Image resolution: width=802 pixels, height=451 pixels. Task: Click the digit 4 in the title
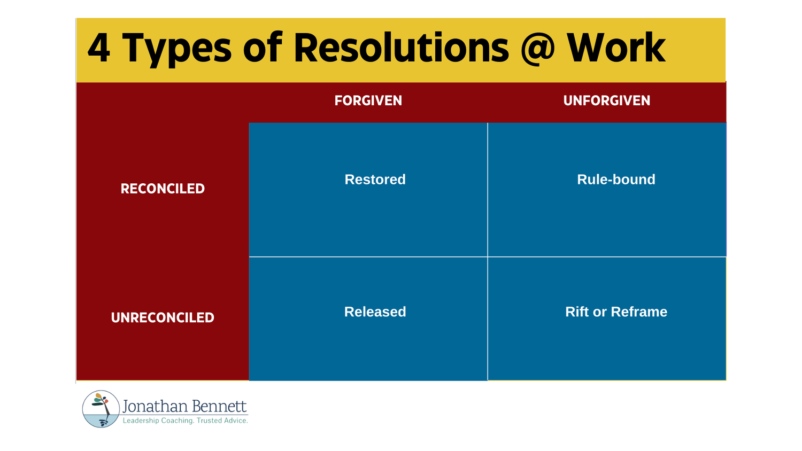click(99, 48)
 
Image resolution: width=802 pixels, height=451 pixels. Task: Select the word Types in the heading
click(177, 49)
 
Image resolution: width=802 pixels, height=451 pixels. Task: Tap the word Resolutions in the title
click(401, 48)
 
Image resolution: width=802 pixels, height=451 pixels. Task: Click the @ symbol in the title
click(538, 48)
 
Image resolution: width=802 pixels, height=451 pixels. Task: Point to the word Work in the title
click(616, 48)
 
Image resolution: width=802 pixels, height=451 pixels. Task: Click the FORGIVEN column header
click(368, 100)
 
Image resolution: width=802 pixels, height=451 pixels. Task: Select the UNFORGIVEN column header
click(606, 100)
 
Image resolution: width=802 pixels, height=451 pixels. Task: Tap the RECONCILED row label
click(163, 189)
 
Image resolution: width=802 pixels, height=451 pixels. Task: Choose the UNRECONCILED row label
click(163, 317)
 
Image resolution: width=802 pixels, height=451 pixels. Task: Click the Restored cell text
click(375, 180)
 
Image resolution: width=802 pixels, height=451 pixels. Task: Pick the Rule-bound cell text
click(616, 180)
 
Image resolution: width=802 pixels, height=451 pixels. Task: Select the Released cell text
click(375, 312)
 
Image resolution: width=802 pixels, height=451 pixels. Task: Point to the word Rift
click(577, 312)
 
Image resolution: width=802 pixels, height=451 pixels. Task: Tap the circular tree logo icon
click(101, 409)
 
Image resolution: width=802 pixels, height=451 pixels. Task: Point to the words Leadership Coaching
click(158, 421)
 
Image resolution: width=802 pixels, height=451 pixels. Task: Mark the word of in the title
click(262, 48)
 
